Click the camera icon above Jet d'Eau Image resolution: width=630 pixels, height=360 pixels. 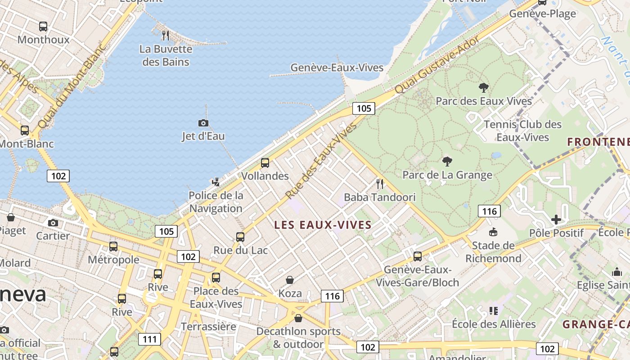click(x=203, y=123)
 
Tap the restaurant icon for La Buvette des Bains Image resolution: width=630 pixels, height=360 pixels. click(x=166, y=35)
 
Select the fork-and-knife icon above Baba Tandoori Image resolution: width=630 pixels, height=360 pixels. click(x=380, y=184)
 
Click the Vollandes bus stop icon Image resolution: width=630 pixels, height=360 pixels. click(x=265, y=163)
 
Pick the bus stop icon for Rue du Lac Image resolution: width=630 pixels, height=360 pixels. click(x=240, y=237)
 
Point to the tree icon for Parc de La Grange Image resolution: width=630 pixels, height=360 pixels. click(x=447, y=161)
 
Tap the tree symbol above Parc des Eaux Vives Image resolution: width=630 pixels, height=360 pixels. click(x=484, y=87)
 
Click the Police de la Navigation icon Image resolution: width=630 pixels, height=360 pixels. click(x=216, y=182)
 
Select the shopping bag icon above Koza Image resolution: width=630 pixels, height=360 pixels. click(x=290, y=280)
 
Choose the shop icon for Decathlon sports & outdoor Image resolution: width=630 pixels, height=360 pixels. click(x=298, y=318)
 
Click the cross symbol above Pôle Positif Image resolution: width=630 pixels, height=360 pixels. click(x=556, y=220)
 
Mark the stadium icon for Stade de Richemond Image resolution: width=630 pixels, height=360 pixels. click(x=493, y=232)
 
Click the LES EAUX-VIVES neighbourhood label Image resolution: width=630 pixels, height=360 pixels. click(x=323, y=225)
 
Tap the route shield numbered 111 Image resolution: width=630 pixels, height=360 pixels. click(x=149, y=339)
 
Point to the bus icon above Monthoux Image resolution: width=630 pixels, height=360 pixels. click(x=43, y=27)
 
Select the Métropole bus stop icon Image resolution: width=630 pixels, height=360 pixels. click(x=113, y=247)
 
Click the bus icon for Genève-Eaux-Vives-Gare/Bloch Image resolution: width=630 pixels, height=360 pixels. click(x=418, y=256)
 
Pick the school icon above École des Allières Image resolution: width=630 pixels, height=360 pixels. click(x=494, y=311)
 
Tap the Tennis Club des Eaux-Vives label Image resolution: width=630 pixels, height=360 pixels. click(x=523, y=130)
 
